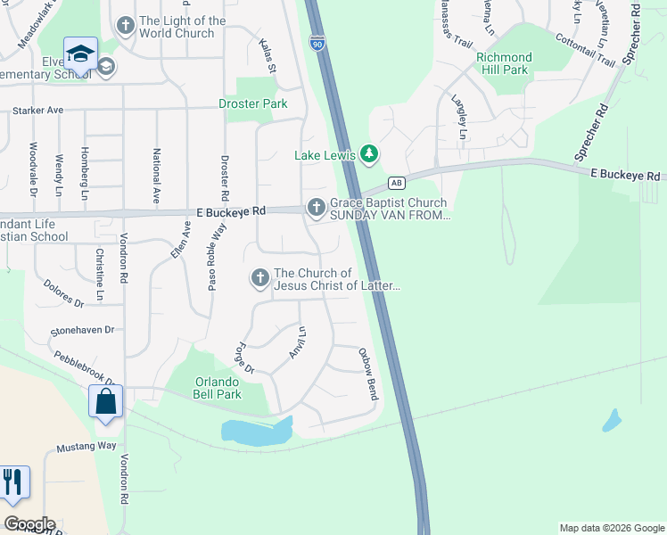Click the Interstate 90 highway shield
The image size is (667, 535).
pyautogui.click(x=317, y=41)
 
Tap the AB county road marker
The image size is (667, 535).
pyautogui.click(x=397, y=184)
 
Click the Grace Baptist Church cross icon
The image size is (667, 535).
pyautogui.click(x=316, y=208)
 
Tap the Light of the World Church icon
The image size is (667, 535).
pyautogui.click(x=125, y=27)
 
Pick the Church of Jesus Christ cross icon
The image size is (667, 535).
pyautogui.click(x=259, y=279)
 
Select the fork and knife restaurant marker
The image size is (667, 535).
pyautogui.click(x=12, y=483)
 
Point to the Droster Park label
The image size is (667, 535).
pyautogui.click(x=253, y=103)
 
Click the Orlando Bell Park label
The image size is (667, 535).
pyautogui.click(x=218, y=388)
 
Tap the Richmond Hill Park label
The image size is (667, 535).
pyautogui.click(x=504, y=63)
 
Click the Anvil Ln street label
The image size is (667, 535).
pyautogui.click(x=299, y=343)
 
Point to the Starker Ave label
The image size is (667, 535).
pyautogui.click(x=38, y=111)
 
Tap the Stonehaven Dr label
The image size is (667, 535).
pyautogui.click(x=83, y=330)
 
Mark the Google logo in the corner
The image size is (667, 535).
pyautogui.click(x=29, y=524)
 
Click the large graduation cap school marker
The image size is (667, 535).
pyautogui.click(x=81, y=53)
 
